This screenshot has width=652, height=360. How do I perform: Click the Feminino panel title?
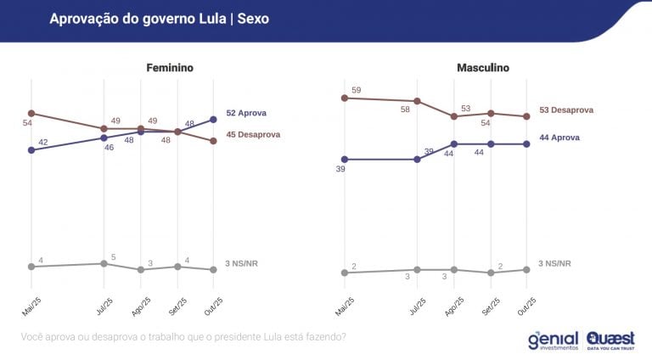pos(170,67)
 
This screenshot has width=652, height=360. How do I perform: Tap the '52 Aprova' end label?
pos(247,112)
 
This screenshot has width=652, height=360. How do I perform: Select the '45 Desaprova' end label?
pos(253,134)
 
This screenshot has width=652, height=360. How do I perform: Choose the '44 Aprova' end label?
pos(560,137)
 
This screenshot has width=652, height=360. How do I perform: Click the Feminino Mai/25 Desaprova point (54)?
pos(31,113)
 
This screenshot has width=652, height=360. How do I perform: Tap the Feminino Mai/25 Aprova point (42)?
pos(31,150)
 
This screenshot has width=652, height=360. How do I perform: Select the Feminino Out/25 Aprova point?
pos(213,120)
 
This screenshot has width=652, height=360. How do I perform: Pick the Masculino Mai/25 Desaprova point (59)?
pos(344,98)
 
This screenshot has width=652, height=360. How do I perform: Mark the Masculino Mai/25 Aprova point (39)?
pos(344,159)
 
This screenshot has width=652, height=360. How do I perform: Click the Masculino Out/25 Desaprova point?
pos(526,116)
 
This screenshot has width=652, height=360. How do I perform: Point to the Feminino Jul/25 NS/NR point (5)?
pos(104,263)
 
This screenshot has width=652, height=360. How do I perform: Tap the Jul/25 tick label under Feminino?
pos(101,307)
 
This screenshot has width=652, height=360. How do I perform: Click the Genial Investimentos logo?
pos(553,340)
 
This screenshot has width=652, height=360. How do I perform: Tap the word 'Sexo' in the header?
pos(252,18)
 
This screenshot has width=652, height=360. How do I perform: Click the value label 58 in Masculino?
pos(406,110)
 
